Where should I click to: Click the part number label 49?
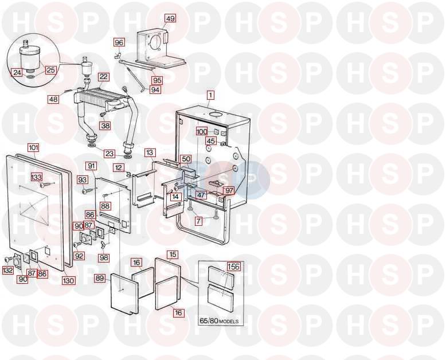[170, 19]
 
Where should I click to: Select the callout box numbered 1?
[210, 95]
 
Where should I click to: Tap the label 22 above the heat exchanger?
[104, 77]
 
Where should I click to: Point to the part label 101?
[33, 147]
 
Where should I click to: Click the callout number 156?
[233, 266]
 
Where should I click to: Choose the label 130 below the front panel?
[68, 281]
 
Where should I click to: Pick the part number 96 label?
[119, 42]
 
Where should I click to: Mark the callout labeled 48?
[53, 99]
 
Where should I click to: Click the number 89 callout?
[100, 278]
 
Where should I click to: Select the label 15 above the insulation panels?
[173, 255]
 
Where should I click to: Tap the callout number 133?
[37, 177]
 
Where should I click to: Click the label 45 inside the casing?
[211, 141]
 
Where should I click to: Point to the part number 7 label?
[198, 221]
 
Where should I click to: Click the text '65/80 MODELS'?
[219, 322]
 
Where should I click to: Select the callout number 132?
[7, 269]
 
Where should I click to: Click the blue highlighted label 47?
[201, 195]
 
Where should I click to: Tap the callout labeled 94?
[155, 90]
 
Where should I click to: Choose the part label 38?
[105, 126]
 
